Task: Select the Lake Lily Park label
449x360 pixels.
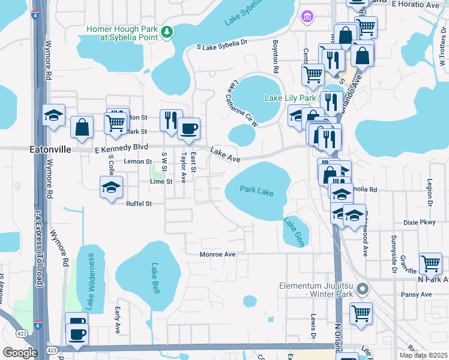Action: pos(291,98)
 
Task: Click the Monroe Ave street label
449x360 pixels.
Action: pos(217,254)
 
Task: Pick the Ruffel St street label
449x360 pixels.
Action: pos(139,203)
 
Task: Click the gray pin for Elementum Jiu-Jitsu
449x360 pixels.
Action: pos(361,290)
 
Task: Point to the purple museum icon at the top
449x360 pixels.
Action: pos(308,14)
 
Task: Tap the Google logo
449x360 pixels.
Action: pos(20,353)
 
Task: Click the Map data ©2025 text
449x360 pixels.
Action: pos(424,355)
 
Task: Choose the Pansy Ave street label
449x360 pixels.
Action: pos(416,295)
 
